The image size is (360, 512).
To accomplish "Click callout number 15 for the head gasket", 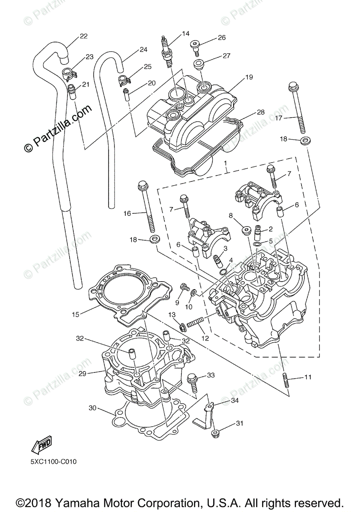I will [76, 314].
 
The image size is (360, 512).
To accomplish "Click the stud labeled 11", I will [285, 380].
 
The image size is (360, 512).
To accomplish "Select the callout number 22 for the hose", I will [83, 36].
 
